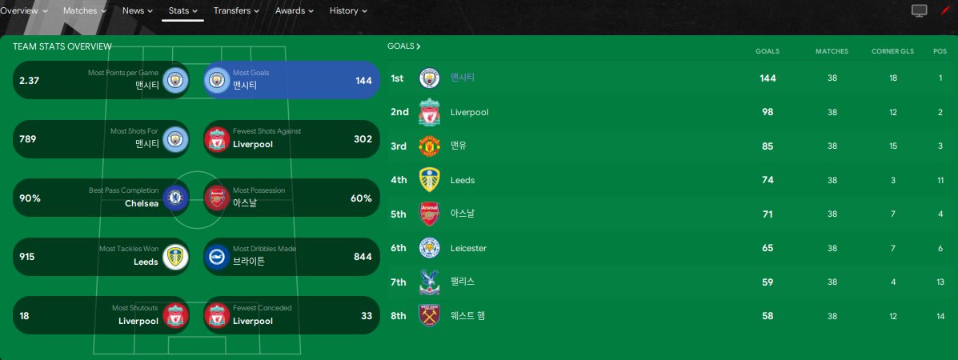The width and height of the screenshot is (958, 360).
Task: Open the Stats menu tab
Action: (x=183, y=11)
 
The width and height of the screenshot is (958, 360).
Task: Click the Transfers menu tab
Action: (x=236, y=11)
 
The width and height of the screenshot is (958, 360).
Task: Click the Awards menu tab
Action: (x=294, y=11)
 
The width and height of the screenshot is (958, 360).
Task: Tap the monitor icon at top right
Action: (x=920, y=11)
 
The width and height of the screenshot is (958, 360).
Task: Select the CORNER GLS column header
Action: (x=892, y=51)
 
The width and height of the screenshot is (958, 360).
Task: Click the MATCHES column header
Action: (x=832, y=51)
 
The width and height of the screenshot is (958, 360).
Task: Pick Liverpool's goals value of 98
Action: (x=768, y=112)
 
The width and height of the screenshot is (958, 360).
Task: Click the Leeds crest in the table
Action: (x=430, y=180)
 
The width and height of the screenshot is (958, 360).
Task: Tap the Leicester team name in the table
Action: (x=468, y=248)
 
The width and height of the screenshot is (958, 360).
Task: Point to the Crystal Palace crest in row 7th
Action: (x=430, y=282)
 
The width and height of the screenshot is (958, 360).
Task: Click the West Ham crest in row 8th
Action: (x=430, y=316)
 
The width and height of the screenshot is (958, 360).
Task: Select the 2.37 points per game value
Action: (x=30, y=80)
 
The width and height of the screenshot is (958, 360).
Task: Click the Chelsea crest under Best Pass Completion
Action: (x=174, y=198)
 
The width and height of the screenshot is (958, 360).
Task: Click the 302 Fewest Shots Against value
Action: (x=363, y=139)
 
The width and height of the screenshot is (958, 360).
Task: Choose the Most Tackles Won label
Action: (x=129, y=249)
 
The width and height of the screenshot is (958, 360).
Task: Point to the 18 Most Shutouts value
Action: (x=25, y=316)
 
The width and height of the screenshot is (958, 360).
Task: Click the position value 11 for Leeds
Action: (x=940, y=180)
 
